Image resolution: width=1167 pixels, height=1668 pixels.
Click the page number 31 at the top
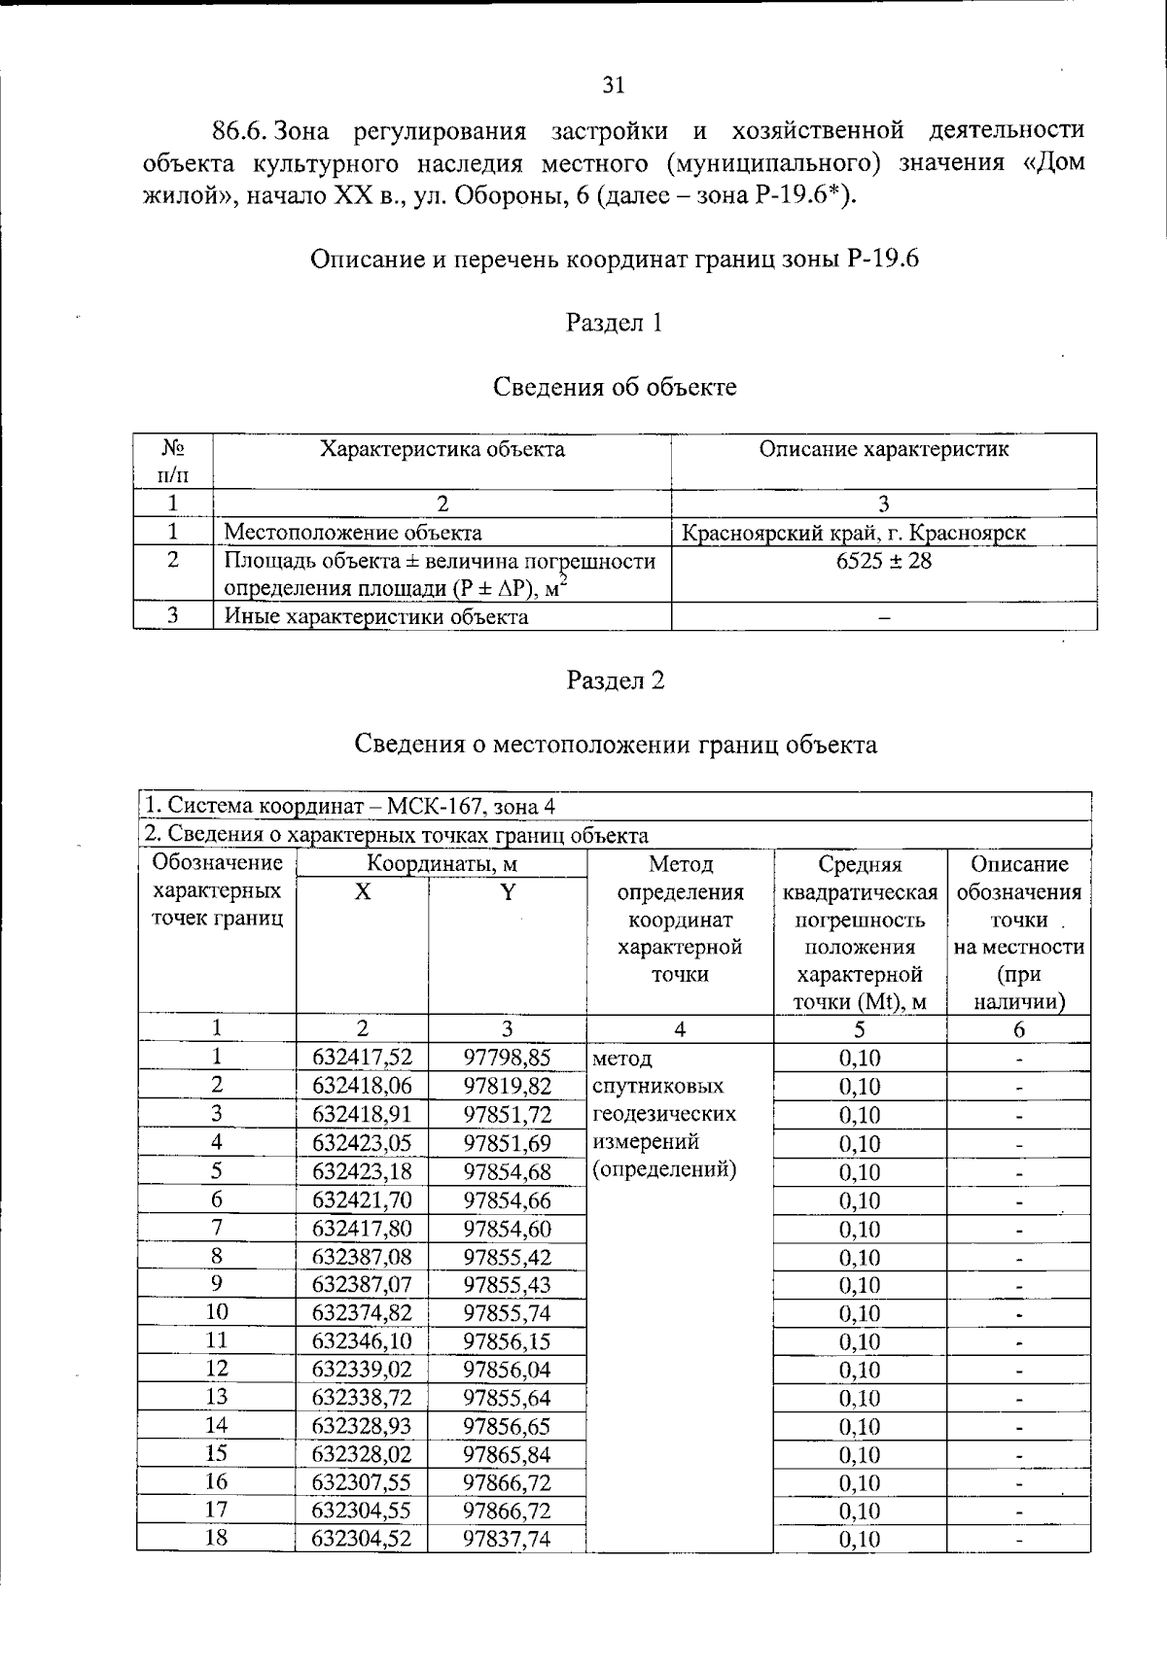click(613, 86)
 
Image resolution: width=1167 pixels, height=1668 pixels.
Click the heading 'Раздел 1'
click(614, 323)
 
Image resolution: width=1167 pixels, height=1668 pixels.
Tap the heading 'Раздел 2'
click(615, 680)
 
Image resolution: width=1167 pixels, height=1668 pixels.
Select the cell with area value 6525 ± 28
click(883, 561)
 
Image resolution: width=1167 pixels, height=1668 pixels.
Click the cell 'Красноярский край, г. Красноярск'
click(853, 533)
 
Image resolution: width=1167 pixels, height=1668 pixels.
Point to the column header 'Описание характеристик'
click(883, 449)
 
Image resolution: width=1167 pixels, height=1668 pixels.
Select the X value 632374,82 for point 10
click(362, 1313)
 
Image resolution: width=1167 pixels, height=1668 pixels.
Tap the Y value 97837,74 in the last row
click(507, 1539)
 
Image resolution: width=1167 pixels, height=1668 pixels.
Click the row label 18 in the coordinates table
click(216, 1538)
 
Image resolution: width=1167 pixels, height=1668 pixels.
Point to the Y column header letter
click(507, 892)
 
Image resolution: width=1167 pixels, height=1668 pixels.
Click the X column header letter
click(362, 892)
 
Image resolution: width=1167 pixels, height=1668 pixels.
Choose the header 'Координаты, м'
click(441, 863)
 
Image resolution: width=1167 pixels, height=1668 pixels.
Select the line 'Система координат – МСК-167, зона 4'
click(350, 806)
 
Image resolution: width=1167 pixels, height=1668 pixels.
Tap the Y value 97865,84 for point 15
click(507, 1454)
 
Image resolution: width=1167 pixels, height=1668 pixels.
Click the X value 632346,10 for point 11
click(362, 1341)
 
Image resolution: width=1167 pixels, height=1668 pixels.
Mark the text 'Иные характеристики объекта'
click(376, 616)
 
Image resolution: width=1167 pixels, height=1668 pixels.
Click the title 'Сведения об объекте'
click(615, 387)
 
